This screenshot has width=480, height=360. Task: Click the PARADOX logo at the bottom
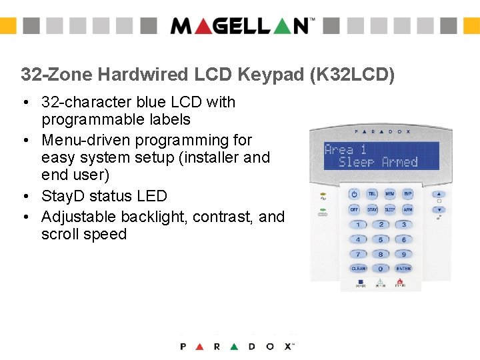[x=237, y=346]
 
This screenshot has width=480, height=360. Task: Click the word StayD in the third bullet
[x=63, y=196]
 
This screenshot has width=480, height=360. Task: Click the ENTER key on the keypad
[x=403, y=269]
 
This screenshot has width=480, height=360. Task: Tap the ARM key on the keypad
[x=407, y=209]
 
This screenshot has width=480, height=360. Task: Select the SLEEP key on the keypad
[x=390, y=209]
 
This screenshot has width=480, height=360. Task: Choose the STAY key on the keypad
[x=372, y=209]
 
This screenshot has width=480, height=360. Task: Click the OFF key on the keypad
[x=355, y=209]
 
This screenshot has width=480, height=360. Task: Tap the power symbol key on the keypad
[x=355, y=194]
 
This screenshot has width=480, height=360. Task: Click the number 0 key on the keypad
[x=381, y=269]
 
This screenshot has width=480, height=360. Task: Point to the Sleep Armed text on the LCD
[x=378, y=162]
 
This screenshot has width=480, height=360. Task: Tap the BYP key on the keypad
[x=407, y=194]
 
